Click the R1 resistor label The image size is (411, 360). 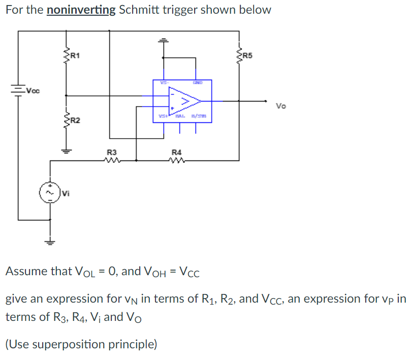coord(74,55)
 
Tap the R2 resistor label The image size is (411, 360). coord(74,120)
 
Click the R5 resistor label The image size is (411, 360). coord(248,55)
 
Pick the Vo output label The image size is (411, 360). coord(281,106)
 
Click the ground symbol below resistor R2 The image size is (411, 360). coord(66,150)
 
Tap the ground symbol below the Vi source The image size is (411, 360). coord(50,241)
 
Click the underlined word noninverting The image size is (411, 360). coord(81,10)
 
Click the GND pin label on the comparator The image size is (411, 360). coord(197,82)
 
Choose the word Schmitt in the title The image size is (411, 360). coord(139,10)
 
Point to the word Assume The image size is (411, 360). coord(26,271)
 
